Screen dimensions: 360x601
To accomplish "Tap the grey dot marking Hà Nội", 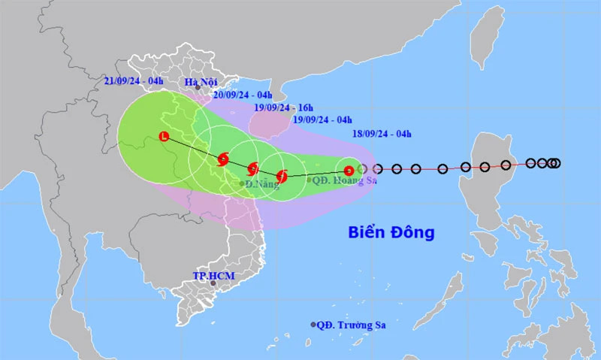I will pos(198,88).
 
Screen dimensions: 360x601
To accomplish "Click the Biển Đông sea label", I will pos(391,233).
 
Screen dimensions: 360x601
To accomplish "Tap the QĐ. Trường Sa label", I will pos(354,325).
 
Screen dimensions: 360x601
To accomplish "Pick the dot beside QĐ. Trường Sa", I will pos(313,325).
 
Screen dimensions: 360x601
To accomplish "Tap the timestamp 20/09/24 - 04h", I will pos(243,95).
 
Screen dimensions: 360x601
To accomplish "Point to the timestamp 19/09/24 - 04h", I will pos(323,119).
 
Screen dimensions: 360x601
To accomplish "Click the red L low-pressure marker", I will pos(164,136).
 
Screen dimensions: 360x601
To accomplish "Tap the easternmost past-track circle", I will pos(556,163).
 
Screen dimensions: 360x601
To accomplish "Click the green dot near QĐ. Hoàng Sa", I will pos(309,180).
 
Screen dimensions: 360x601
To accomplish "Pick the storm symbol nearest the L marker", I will pos(223,159).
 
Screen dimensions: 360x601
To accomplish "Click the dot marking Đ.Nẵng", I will pos(242,183).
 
